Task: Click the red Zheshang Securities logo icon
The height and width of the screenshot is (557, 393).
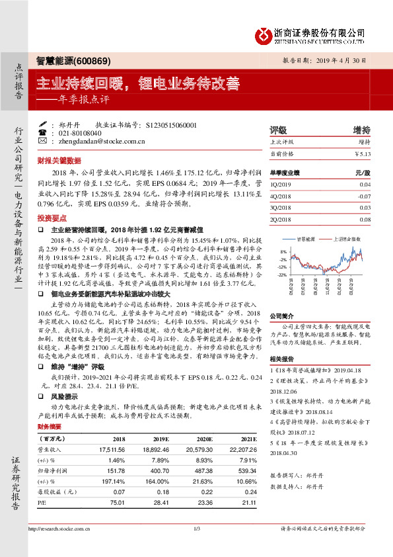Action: [264, 33]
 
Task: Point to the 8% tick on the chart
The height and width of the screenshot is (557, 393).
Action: [283, 252]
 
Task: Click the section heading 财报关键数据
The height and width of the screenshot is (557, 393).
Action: [59, 161]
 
